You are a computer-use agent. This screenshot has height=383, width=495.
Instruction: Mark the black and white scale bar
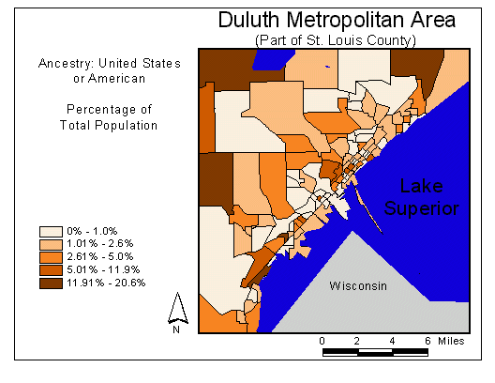click(x=376, y=353)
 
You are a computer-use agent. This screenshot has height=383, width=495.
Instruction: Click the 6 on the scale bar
click(x=428, y=340)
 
